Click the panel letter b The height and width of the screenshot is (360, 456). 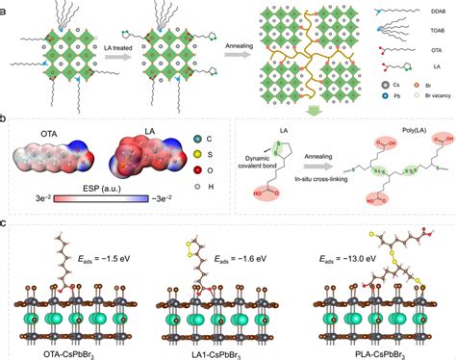coord(7,121)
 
